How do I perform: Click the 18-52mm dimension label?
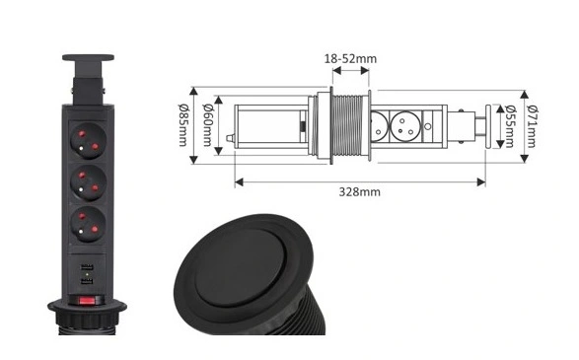pyautogui.click(x=350, y=59)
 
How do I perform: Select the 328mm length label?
pyautogui.click(x=360, y=192)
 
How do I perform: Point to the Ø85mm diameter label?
pyautogui.click(x=183, y=125)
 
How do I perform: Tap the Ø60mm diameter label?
pyautogui.click(x=207, y=125)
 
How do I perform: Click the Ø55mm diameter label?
pyautogui.click(x=510, y=126)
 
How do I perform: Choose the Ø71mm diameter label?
pyautogui.click(x=532, y=126)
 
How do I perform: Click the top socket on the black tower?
pyautogui.click(x=88, y=140)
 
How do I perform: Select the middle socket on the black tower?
pyautogui.click(x=88, y=182)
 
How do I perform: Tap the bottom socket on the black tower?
pyautogui.click(x=88, y=224)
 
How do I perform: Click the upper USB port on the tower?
pyautogui.click(x=87, y=267)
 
